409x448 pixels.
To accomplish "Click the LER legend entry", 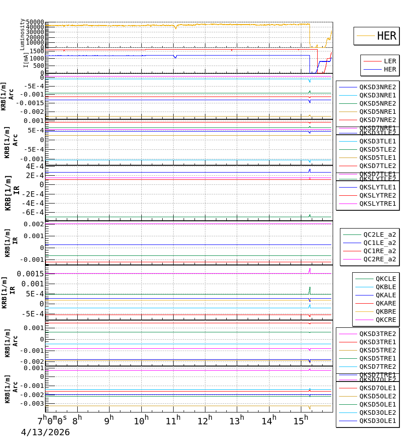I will [390, 61].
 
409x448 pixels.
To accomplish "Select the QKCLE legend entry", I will [385, 279].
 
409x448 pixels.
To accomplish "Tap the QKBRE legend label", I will [385, 311].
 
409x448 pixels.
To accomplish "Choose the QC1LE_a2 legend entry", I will [379, 243].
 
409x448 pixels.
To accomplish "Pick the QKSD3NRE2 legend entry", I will [378, 87].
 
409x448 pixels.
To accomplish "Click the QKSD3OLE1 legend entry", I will [378, 421].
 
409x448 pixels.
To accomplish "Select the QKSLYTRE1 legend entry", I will [378, 204].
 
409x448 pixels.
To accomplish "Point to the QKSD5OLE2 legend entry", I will [378, 396].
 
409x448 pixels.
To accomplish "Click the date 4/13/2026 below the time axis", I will [45, 433].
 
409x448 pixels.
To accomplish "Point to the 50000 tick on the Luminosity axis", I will [35, 22].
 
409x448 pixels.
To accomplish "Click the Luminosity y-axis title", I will [22, 34].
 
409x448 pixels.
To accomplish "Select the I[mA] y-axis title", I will [25, 60].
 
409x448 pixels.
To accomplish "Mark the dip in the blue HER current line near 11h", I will [175, 57].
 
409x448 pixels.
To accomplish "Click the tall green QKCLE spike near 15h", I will [310, 290].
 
